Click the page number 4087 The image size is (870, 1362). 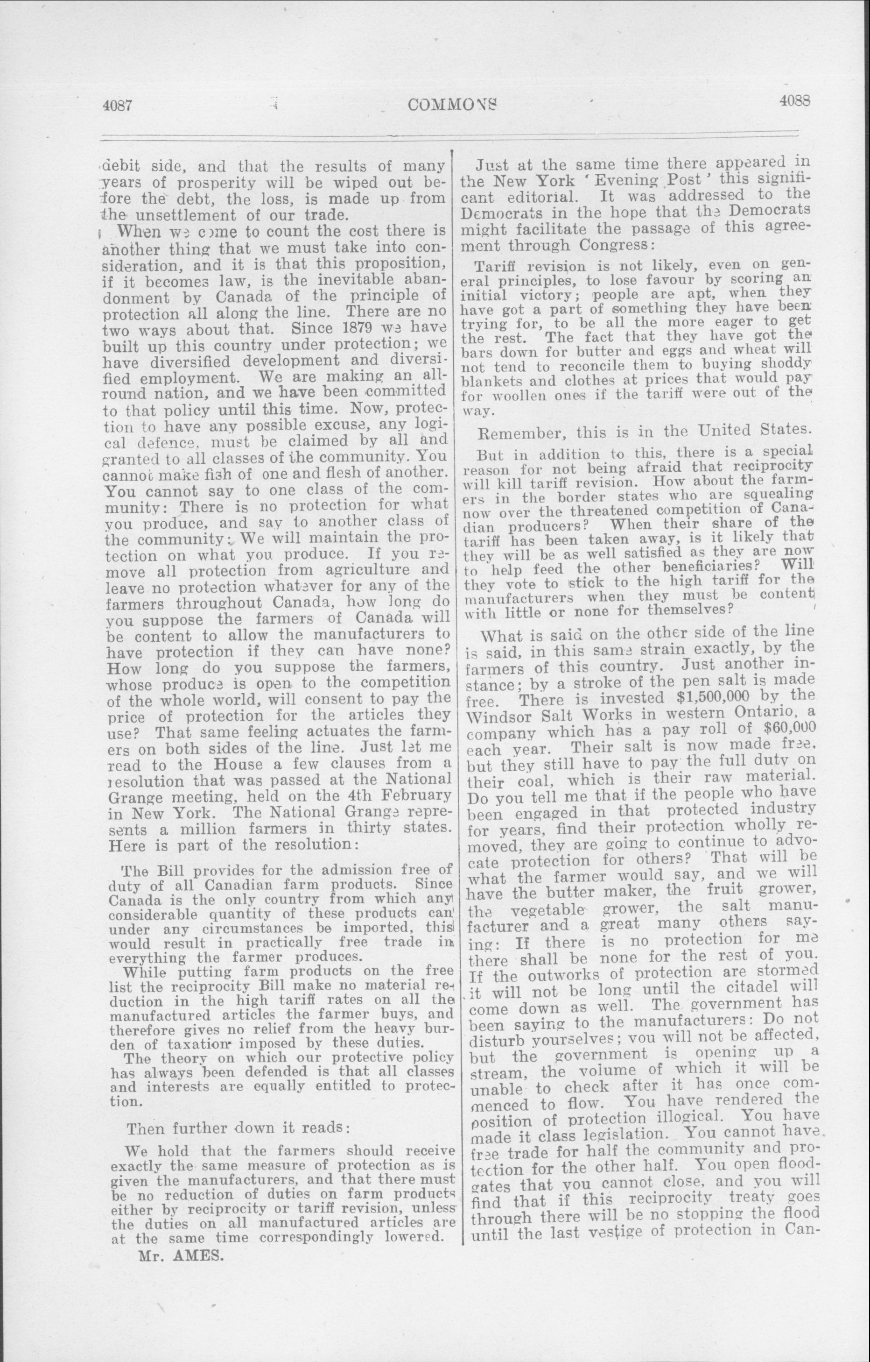(118, 106)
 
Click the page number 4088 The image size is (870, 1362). (795, 101)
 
